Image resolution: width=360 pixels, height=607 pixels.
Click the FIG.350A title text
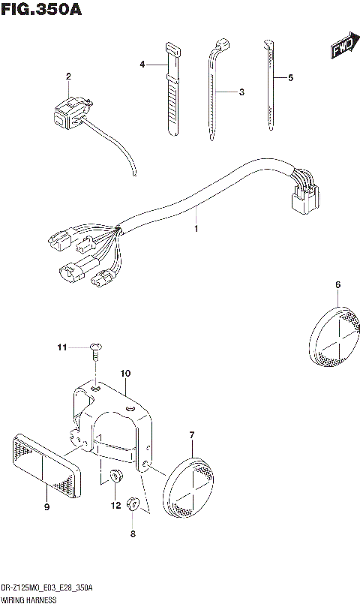(x=41, y=10)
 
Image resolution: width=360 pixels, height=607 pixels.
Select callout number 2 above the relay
(x=68, y=77)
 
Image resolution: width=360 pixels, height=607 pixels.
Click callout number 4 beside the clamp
(x=141, y=65)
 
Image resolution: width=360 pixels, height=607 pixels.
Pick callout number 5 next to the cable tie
(x=290, y=77)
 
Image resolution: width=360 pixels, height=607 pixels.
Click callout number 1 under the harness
(x=196, y=227)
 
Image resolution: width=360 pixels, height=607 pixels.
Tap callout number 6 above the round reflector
(x=337, y=284)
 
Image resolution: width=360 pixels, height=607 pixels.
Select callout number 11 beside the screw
(x=63, y=347)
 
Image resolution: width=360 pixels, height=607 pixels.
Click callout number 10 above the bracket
(x=125, y=372)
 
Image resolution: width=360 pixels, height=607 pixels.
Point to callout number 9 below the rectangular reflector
(x=46, y=508)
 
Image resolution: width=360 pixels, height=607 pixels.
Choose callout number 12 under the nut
(x=115, y=506)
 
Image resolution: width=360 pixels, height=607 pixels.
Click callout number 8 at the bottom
(x=132, y=534)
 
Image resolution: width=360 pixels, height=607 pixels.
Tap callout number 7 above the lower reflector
(x=192, y=435)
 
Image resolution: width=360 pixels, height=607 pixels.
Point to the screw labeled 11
(x=96, y=347)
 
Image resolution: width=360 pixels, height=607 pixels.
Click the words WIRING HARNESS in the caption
(x=26, y=601)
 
